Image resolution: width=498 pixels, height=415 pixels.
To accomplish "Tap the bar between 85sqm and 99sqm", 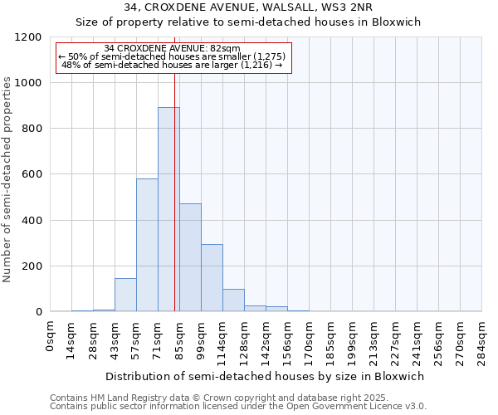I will [190, 257].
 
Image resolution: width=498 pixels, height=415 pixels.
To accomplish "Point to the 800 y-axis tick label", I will [32, 129].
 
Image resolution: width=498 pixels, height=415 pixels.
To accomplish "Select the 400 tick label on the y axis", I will [32, 221].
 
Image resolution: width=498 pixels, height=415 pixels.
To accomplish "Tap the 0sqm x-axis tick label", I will [51, 336].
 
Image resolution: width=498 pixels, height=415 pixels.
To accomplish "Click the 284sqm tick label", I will [481, 339].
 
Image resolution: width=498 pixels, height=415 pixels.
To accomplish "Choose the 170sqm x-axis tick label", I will [309, 339].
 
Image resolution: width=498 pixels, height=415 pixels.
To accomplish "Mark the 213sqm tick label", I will [373, 339].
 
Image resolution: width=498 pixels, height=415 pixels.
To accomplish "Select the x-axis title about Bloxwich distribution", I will [266, 376].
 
